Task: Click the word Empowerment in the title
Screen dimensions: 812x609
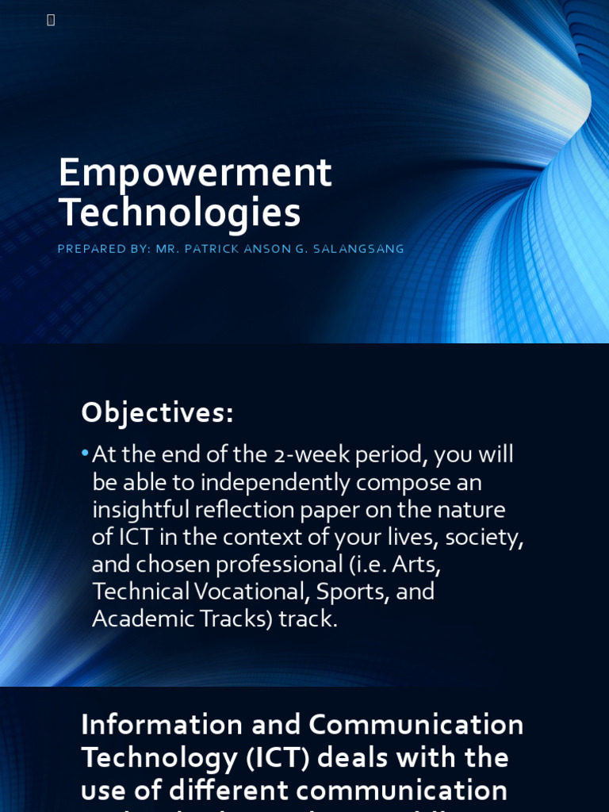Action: [195, 173]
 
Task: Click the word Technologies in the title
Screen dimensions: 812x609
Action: [180, 213]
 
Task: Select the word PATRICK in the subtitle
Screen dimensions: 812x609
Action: [207, 249]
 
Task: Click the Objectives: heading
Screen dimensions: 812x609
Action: [157, 412]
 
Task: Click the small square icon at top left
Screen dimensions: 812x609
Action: [51, 20]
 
